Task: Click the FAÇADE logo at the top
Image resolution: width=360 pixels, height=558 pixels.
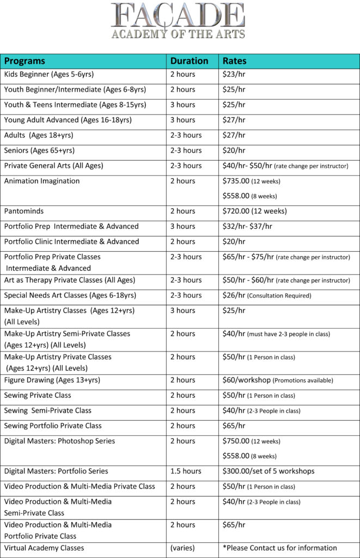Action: point(178,21)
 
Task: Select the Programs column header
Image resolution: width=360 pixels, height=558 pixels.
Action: point(25,61)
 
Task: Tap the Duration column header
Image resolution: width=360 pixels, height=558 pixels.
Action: point(189,61)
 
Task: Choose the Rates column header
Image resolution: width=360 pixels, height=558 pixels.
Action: point(235,61)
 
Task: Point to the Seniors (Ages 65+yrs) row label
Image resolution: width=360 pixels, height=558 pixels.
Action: point(39,150)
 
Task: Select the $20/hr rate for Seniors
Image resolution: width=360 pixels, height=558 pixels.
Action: point(234,150)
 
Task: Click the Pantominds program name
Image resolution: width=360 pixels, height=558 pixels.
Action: point(25,211)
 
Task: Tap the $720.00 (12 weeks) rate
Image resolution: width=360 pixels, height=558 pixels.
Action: point(254,211)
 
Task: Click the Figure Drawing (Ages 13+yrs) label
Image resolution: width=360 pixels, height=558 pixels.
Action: point(52,380)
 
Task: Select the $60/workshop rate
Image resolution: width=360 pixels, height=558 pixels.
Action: point(246,380)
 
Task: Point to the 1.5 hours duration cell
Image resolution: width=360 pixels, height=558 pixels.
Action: point(186,471)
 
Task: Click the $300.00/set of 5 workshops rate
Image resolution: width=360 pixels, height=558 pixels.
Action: point(268,471)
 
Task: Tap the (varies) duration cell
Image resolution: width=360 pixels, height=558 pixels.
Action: point(182,548)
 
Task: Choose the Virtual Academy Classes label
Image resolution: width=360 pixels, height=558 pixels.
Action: point(44,548)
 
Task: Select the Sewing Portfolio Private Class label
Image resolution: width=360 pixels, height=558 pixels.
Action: point(53,426)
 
